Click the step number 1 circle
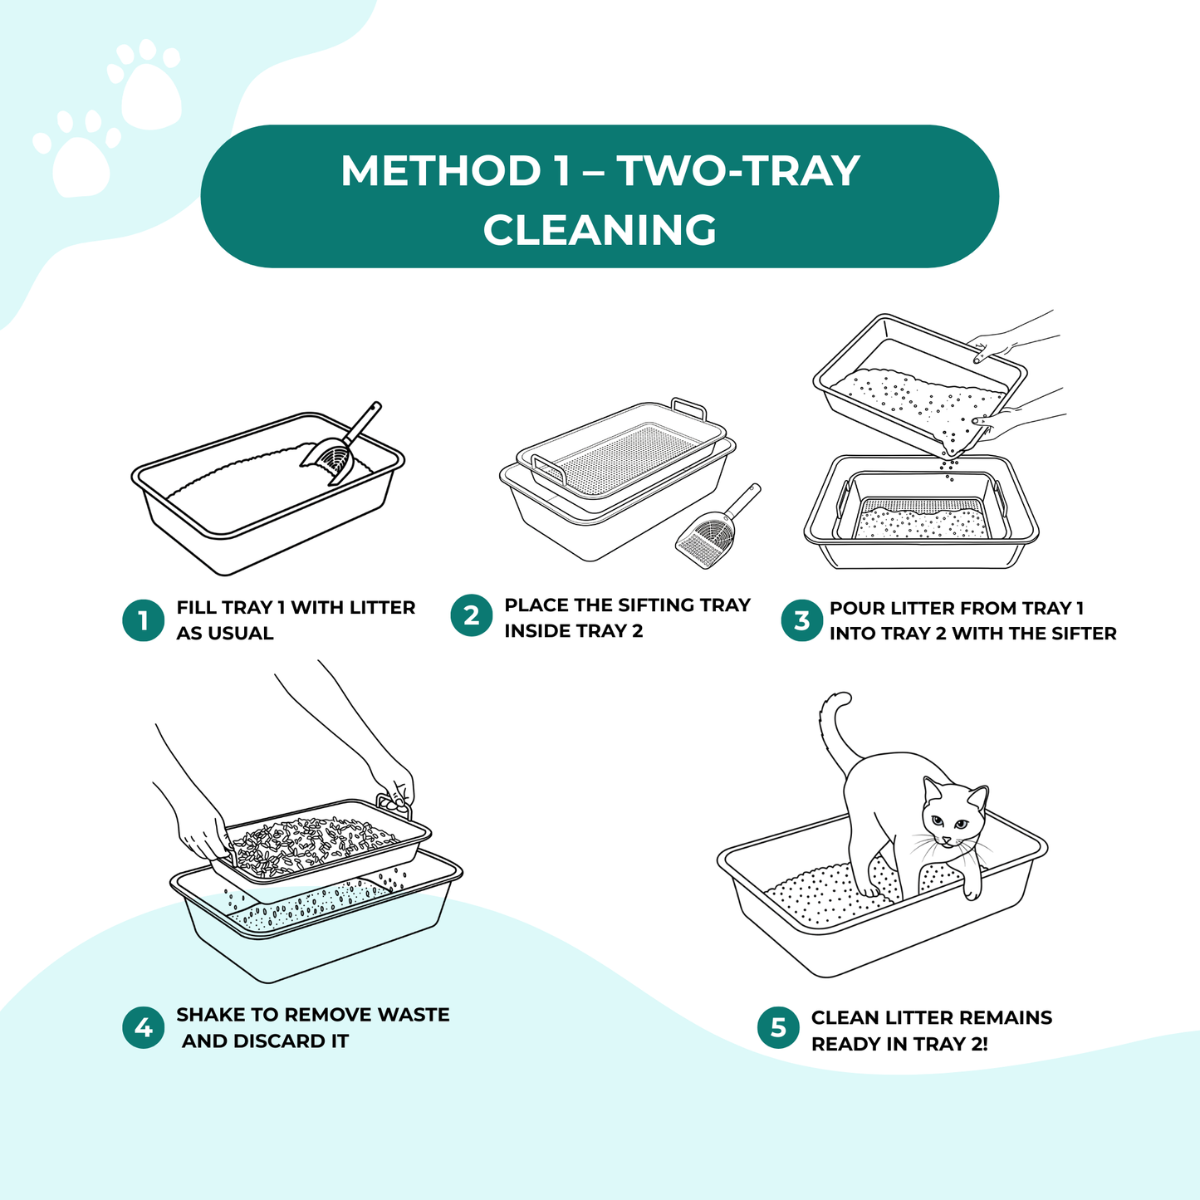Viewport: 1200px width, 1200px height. click(144, 620)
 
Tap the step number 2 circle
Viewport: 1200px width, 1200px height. click(472, 615)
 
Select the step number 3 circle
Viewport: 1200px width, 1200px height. click(801, 620)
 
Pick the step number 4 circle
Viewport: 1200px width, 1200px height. click(144, 1027)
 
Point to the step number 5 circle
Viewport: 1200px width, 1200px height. click(778, 1028)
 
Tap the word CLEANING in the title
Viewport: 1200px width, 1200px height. click(600, 230)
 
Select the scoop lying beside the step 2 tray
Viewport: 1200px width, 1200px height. click(714, 531)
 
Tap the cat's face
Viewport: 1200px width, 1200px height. click(951, 818)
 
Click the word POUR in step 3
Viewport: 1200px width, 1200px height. click(857, 608)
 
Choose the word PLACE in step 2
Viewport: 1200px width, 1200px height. click(536, 605)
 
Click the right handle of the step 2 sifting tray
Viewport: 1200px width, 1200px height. click(688, 409)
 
